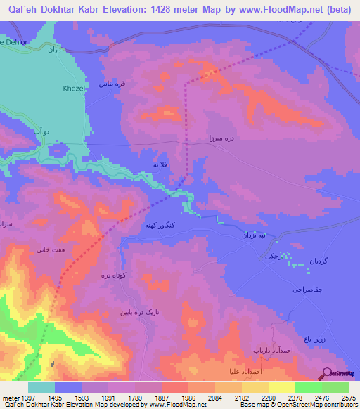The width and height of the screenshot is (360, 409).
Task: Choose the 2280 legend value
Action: click(268, 398)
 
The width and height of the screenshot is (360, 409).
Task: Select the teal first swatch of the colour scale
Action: click(41, 387)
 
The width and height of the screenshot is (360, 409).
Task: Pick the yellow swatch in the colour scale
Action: click(281, 387)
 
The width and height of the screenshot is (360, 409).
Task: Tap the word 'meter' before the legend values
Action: click(9, 398)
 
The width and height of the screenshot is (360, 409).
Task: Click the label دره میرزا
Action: click(220, 140)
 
